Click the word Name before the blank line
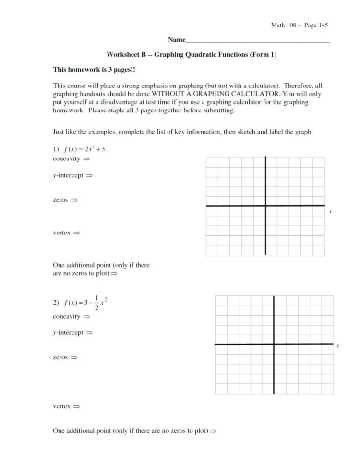176,39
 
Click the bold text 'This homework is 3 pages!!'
94,70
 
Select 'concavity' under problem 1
66,159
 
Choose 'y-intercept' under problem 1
68,176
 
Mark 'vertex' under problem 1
61,233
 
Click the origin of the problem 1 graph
265,206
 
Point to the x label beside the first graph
331,212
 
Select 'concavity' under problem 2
66,317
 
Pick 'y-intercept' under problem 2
68,332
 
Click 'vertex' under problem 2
61,406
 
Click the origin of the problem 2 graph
274,344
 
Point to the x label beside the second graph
338,346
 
